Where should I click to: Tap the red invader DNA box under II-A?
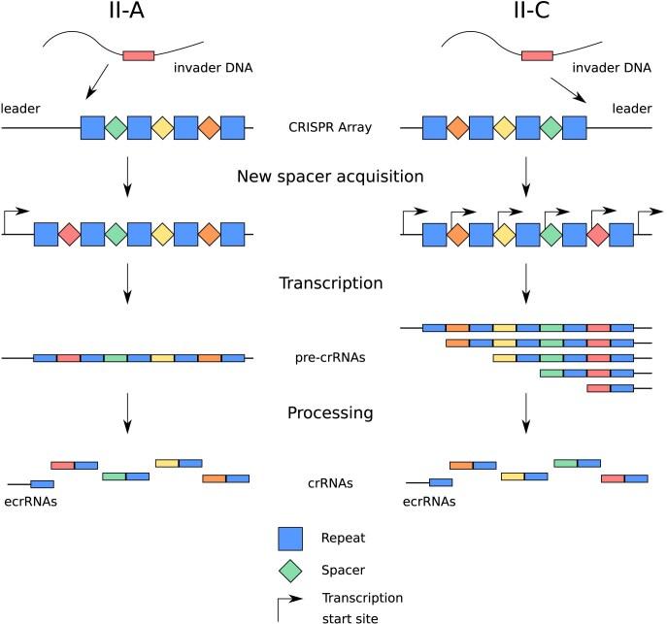pyautogui.click(x=138, y=55)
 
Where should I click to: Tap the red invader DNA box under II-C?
pyautogui.click(x=537, y=55)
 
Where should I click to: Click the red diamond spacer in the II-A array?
pyautogui.click(x=69, y=234)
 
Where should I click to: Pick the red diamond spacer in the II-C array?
pyautogui.click(x=598, y=234)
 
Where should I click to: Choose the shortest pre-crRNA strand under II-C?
pyautogui.click(x=611, y=388)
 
